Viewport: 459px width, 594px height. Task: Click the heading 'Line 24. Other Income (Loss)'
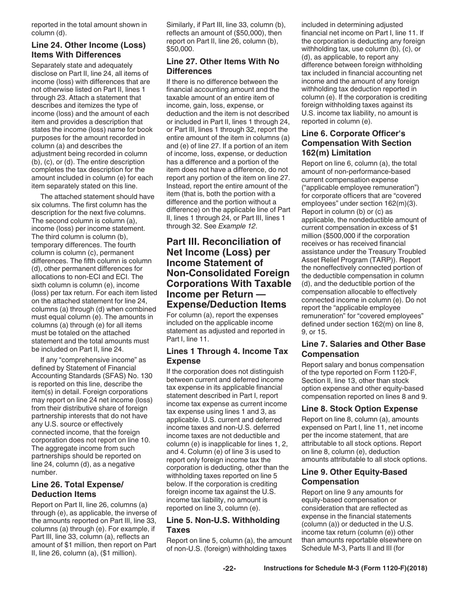click(x=88, y=45)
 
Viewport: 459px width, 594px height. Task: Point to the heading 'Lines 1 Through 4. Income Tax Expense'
click(x=227, y=356)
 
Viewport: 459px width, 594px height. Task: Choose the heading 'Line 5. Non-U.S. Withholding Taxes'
click(x=223, y=525)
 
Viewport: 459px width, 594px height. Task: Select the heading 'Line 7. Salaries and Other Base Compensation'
click(x=363, y=349)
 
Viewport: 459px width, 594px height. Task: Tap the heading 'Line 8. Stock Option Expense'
click(x=359, y=409)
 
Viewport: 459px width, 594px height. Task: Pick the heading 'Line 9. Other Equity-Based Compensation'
click(x=354, y=477)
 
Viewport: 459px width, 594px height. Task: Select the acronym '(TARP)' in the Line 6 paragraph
click(x=401, y=259)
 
